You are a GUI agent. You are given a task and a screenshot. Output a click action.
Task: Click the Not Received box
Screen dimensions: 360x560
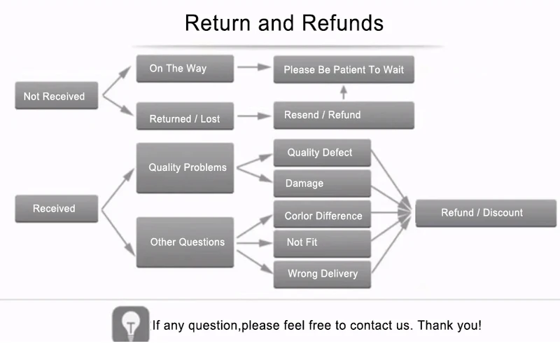point(54,96)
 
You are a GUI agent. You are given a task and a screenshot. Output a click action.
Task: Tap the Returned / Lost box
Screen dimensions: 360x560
point(185,118)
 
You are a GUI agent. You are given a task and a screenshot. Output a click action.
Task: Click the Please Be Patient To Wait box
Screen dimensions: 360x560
point(343,69)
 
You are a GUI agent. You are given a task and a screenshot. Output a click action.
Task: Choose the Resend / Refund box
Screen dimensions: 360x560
point(343,115)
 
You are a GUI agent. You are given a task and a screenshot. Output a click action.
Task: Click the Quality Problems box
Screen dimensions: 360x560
point(185,168)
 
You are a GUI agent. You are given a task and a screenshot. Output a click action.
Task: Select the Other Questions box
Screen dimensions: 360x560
point(185,242)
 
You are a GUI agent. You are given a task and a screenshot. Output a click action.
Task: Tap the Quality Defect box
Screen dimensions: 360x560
point(321,153)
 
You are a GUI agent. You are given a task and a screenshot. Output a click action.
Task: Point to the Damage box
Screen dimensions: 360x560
point(321,184)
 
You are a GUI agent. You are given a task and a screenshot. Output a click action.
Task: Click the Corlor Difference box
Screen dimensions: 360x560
point(321,215)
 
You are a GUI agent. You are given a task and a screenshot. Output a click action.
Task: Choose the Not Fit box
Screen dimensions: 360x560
point(321,242)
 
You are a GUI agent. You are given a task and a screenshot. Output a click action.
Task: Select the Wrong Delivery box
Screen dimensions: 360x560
point(321,274)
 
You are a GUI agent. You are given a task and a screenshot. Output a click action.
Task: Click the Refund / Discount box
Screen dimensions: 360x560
point(485,213)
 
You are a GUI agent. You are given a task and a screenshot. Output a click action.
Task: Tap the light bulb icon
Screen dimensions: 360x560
point(131,324)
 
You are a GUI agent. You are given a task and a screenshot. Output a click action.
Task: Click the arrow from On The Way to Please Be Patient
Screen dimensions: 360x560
point(253,67)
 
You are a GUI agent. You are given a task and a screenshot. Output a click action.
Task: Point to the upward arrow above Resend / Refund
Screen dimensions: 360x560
point(343,92)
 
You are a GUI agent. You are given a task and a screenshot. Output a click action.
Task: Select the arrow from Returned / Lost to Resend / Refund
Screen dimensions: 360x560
point(253,116)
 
